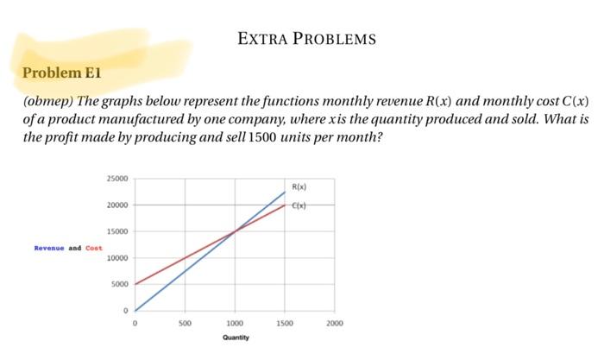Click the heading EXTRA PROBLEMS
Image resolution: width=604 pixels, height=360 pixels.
pyautogui.click(x=306, y=39)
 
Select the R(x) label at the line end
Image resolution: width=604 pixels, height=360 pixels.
pyautogui.click(x=299, y=186)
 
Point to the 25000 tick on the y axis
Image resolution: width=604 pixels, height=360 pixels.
pyautogui.click(x=116, y=179)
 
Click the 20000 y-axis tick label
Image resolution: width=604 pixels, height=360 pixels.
pyautogui.click(x=116, y=205)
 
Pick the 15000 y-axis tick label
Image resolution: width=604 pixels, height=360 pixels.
pyautogui.click(x=116, y=231)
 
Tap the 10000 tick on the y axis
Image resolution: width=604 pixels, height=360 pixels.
pyautogui.click(x=116, y=258)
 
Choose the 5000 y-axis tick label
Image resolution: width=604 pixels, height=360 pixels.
pyautogui.click(x=119, y=284)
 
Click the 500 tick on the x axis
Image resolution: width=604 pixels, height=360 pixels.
pyautogui.click(x=185, y=322)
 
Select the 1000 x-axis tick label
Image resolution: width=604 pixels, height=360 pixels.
pyautogui.click(x=234, y=322)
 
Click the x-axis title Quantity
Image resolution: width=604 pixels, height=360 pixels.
pyautogui.click(x=235, y=338)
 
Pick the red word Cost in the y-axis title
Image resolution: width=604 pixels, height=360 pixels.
pyautogui.click(x=93, y=248)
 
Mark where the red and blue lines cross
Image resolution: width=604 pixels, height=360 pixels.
pyautogui.click(x=235, y=231)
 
